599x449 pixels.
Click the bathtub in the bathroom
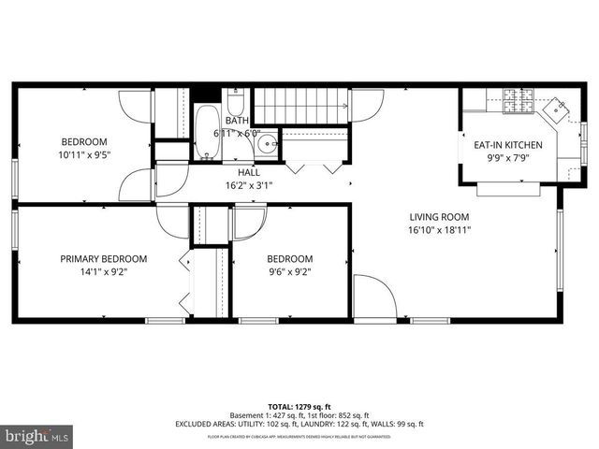206,132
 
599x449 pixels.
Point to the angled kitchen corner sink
560,109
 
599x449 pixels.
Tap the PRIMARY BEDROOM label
104,259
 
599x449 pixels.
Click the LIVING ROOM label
439,216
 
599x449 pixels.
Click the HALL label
249,173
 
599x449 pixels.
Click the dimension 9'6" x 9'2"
289,272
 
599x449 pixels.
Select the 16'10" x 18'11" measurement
439,229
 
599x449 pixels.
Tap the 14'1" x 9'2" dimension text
104,272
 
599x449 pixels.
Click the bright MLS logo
37,436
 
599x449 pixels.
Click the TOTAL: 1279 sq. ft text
299,407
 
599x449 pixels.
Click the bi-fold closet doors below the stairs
313,167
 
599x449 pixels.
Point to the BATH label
237,121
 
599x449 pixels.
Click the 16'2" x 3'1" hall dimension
249,186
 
